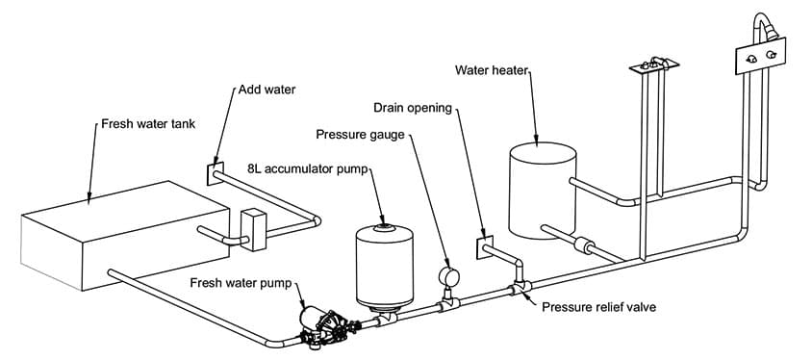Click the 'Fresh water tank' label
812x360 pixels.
(148, 124)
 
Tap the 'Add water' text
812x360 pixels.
(266, 90)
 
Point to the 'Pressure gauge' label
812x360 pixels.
(360, 135)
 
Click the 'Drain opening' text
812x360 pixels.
(413, 108)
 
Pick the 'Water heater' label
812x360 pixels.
(491, 70)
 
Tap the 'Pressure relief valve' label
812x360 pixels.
(598, 307)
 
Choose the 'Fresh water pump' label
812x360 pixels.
(241, 283)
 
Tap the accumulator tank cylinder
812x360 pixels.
(384, 268)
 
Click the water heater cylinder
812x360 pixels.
(543, 191)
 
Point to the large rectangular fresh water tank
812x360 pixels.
(124, 236)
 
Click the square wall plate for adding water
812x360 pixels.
(215, 173)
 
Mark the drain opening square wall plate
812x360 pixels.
(485, 247)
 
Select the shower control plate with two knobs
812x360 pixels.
(760, 57)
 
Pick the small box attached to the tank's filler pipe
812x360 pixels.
(254, 229)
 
